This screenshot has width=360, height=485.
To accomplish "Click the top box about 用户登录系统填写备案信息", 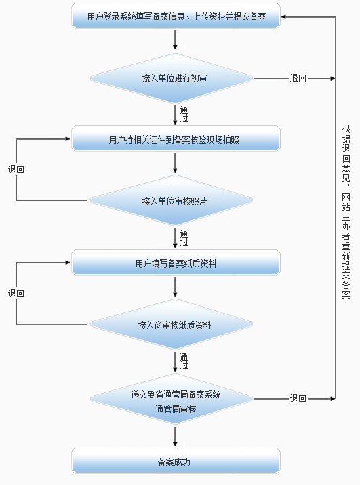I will (176, 16).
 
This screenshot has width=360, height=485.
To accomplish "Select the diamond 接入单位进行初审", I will (176, 79).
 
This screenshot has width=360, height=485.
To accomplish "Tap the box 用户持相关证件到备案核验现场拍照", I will (176, 140).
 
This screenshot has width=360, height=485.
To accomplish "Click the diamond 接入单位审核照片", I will (176, 201).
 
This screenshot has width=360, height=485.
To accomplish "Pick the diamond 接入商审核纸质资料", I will (176, 325).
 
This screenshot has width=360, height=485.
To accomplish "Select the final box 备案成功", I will (176, 463).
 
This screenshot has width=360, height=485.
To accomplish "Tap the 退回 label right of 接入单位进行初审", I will (298, 79).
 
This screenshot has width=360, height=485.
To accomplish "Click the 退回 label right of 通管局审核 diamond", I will (298, 398).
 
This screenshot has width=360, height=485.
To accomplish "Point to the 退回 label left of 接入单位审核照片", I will (16, 170).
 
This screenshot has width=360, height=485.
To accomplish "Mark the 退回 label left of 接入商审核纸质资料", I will (16, 293).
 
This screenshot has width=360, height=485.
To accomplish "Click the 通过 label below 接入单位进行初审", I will (184, 113).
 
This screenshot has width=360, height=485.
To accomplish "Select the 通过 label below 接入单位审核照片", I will (184, 237).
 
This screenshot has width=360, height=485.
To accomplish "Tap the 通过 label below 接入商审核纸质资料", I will (184, 360).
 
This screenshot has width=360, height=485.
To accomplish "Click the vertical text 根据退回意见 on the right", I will (346, 210).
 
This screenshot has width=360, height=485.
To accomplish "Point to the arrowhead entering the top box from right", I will (285, 16).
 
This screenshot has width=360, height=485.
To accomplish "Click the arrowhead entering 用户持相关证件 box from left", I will (68, 140).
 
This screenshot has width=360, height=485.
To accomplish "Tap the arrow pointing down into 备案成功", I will (176, 442).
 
